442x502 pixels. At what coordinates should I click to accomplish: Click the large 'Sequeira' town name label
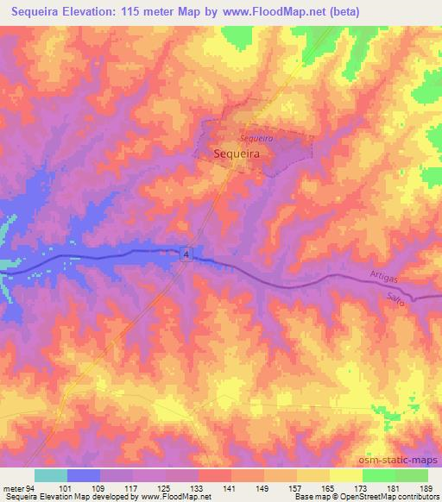pyautogui.click(x=237, y=154)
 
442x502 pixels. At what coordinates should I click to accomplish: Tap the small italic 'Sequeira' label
pyautogui.click(x=256, y=137)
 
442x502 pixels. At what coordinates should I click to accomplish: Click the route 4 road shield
pyautogui.click(x=185, y=253)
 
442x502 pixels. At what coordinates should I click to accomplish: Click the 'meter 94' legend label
pyautogui.click(x=16, y=488)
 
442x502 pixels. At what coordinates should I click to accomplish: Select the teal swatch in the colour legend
pyautogui.click(x=51, y=475)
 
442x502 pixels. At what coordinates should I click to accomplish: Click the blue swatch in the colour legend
pyautogui.click(x=84, y=475)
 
